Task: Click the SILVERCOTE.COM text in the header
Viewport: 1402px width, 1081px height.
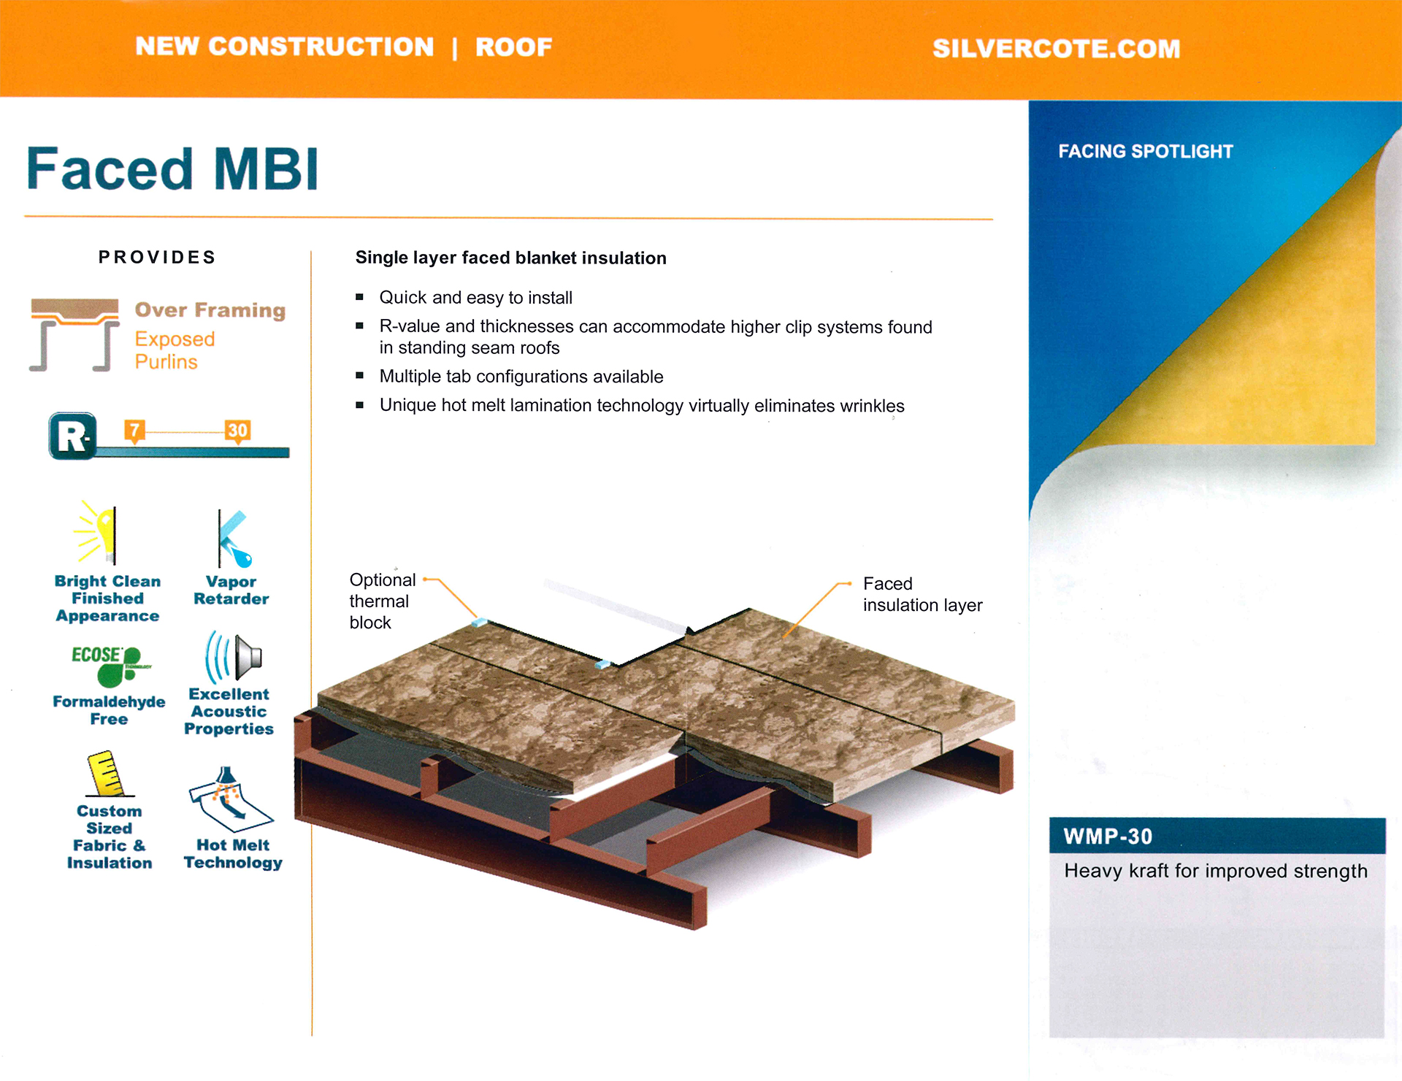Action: click(x=1056, y=49)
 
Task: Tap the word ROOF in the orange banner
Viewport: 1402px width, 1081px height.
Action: click(x=513, y=47)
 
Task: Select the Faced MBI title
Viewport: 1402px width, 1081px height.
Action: click(x=172, y=169)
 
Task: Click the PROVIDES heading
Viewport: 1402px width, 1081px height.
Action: click(x=157, y=257)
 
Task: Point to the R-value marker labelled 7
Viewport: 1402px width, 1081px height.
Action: click(x=134, y=431)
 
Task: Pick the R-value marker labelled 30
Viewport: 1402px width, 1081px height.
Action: click(x=237, y=431)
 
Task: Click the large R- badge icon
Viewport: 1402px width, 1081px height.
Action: click(x=73, y=436)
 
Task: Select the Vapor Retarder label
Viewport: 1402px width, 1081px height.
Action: click(x=231, y=590)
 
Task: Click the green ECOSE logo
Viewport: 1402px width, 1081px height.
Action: click(x=110, y=665)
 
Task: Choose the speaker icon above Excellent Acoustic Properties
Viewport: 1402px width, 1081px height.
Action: click(x=234, y=656)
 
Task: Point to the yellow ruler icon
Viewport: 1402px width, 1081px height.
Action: click(x=109, y=773)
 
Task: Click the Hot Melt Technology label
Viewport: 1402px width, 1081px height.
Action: click(x=233, y=854)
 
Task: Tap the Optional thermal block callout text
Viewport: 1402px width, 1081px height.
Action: click(x=383, y=601)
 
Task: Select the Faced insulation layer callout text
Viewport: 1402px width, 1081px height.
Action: click(x=923, y=594)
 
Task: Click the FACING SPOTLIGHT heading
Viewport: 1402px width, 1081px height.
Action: click(x=1146, y=151)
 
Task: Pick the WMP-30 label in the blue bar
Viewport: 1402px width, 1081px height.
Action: click(x=1108, y=836)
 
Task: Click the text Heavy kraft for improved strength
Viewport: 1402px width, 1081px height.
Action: click(x=1216, y=872)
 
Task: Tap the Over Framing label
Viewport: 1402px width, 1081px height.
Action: click(x=210, y=310)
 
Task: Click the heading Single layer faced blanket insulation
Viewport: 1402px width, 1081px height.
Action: click(x=511, y=258)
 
